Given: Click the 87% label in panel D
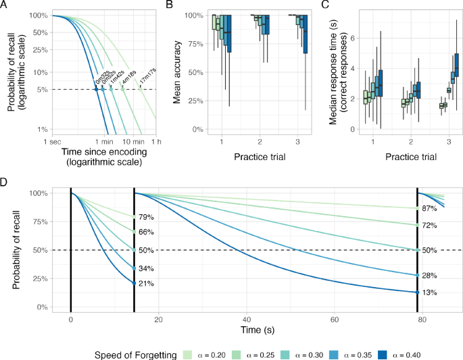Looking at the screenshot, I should [429, 209].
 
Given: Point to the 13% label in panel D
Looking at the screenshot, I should [429, 293].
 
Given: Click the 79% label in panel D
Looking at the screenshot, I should [146, 217].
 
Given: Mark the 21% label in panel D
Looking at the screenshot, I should [146, 284].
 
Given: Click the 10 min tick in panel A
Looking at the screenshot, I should [131, 142].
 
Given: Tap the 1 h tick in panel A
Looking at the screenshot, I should [156, 142].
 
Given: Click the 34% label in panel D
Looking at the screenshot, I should [146, 268].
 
